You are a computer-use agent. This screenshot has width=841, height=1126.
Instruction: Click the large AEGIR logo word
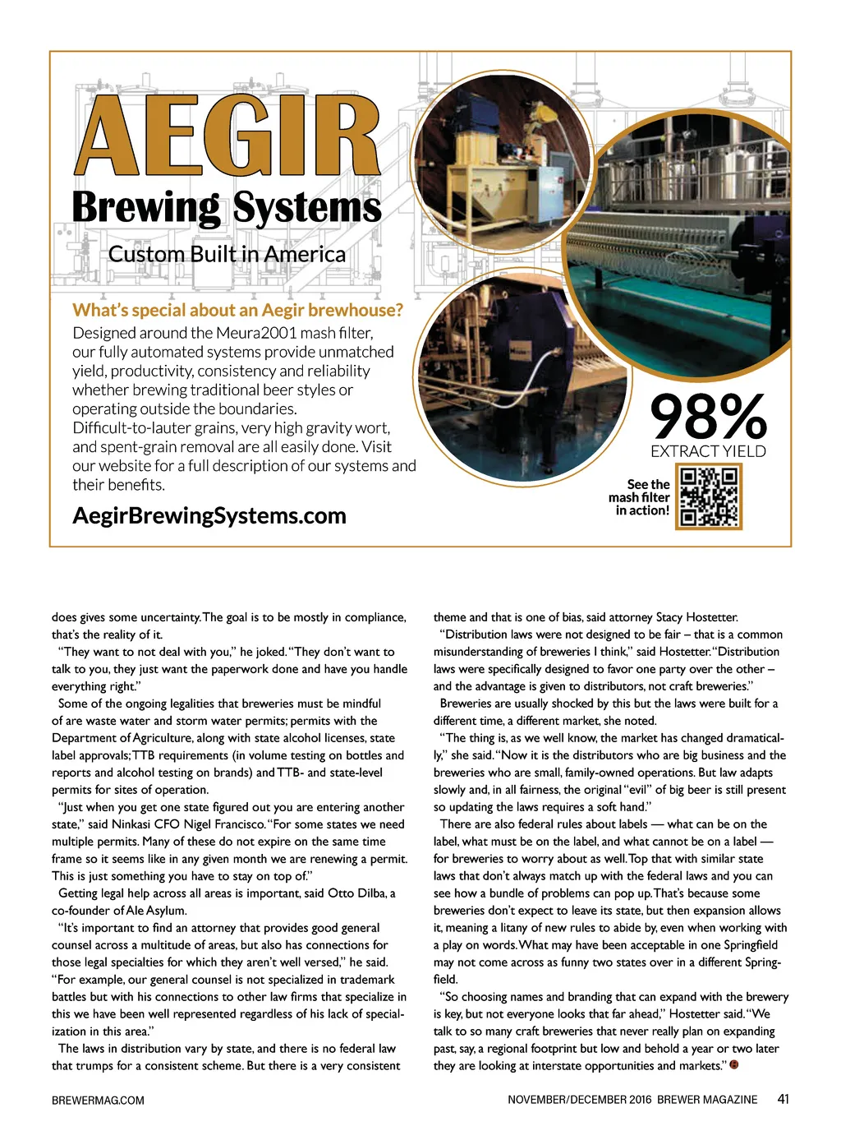[x=227, y=136]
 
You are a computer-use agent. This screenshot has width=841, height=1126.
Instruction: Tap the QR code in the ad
[x=709, y=496]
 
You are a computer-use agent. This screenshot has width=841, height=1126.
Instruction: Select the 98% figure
[x=708, y=417]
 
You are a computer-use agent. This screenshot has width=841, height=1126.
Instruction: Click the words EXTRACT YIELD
[x=708, y=451]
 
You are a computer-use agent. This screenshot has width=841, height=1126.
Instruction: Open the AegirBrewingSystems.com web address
[x=209, y=515]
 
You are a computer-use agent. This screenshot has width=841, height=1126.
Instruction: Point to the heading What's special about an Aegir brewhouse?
[x=237, y=310]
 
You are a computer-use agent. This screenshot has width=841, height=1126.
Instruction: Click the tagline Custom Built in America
[x=227, y=254]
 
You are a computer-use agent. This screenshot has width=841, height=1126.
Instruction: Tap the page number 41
[x=783, y=1099]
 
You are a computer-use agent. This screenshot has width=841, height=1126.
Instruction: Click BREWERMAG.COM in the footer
[x=98, y=1100]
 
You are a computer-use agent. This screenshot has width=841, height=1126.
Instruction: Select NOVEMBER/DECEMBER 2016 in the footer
[x=579, y=1100]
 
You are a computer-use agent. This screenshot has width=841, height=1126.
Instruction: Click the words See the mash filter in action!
[x=640, y=497]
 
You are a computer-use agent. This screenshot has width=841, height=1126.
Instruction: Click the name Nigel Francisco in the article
[x=228, y=824]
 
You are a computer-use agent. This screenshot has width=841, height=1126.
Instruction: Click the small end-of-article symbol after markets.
[x=734, y=1065]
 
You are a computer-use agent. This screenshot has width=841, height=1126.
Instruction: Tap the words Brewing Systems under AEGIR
[x=227, y=207]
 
